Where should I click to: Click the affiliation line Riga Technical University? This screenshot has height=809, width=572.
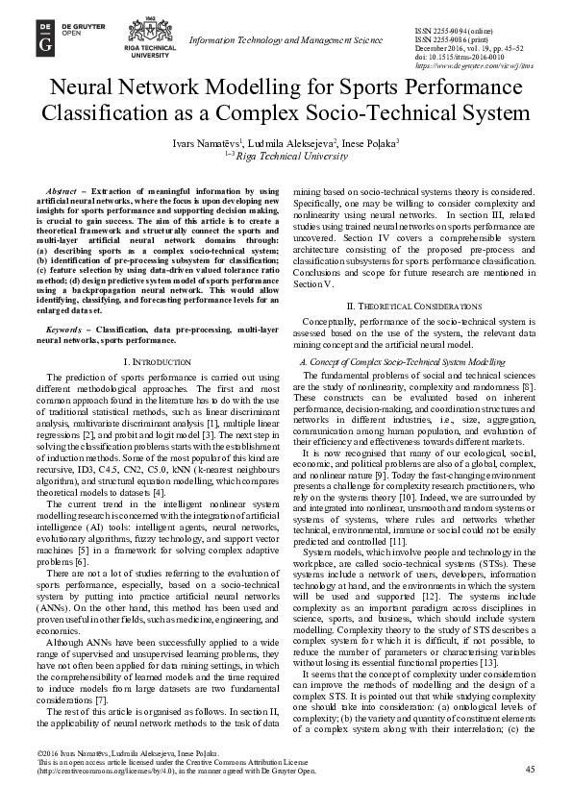292,154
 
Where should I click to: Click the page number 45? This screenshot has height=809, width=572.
532,797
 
